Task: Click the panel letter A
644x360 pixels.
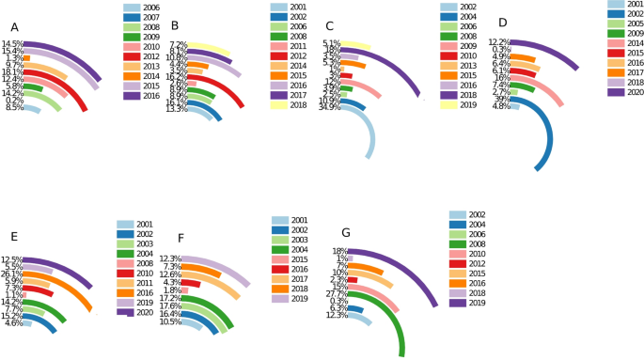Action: click(x=14, y=26)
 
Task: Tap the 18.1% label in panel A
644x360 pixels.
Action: click(x=13, y=72)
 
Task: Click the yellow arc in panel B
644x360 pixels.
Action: click(x=222, y=51)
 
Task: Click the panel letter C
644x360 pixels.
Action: click(x=328, y=26)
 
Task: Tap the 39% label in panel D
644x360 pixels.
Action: click(x=503, y=99)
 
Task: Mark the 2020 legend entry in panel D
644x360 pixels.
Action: click(x=631, y=92)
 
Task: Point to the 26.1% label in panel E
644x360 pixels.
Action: click(x=13, y=274)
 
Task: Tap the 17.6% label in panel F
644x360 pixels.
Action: click(x=170, y=306)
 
